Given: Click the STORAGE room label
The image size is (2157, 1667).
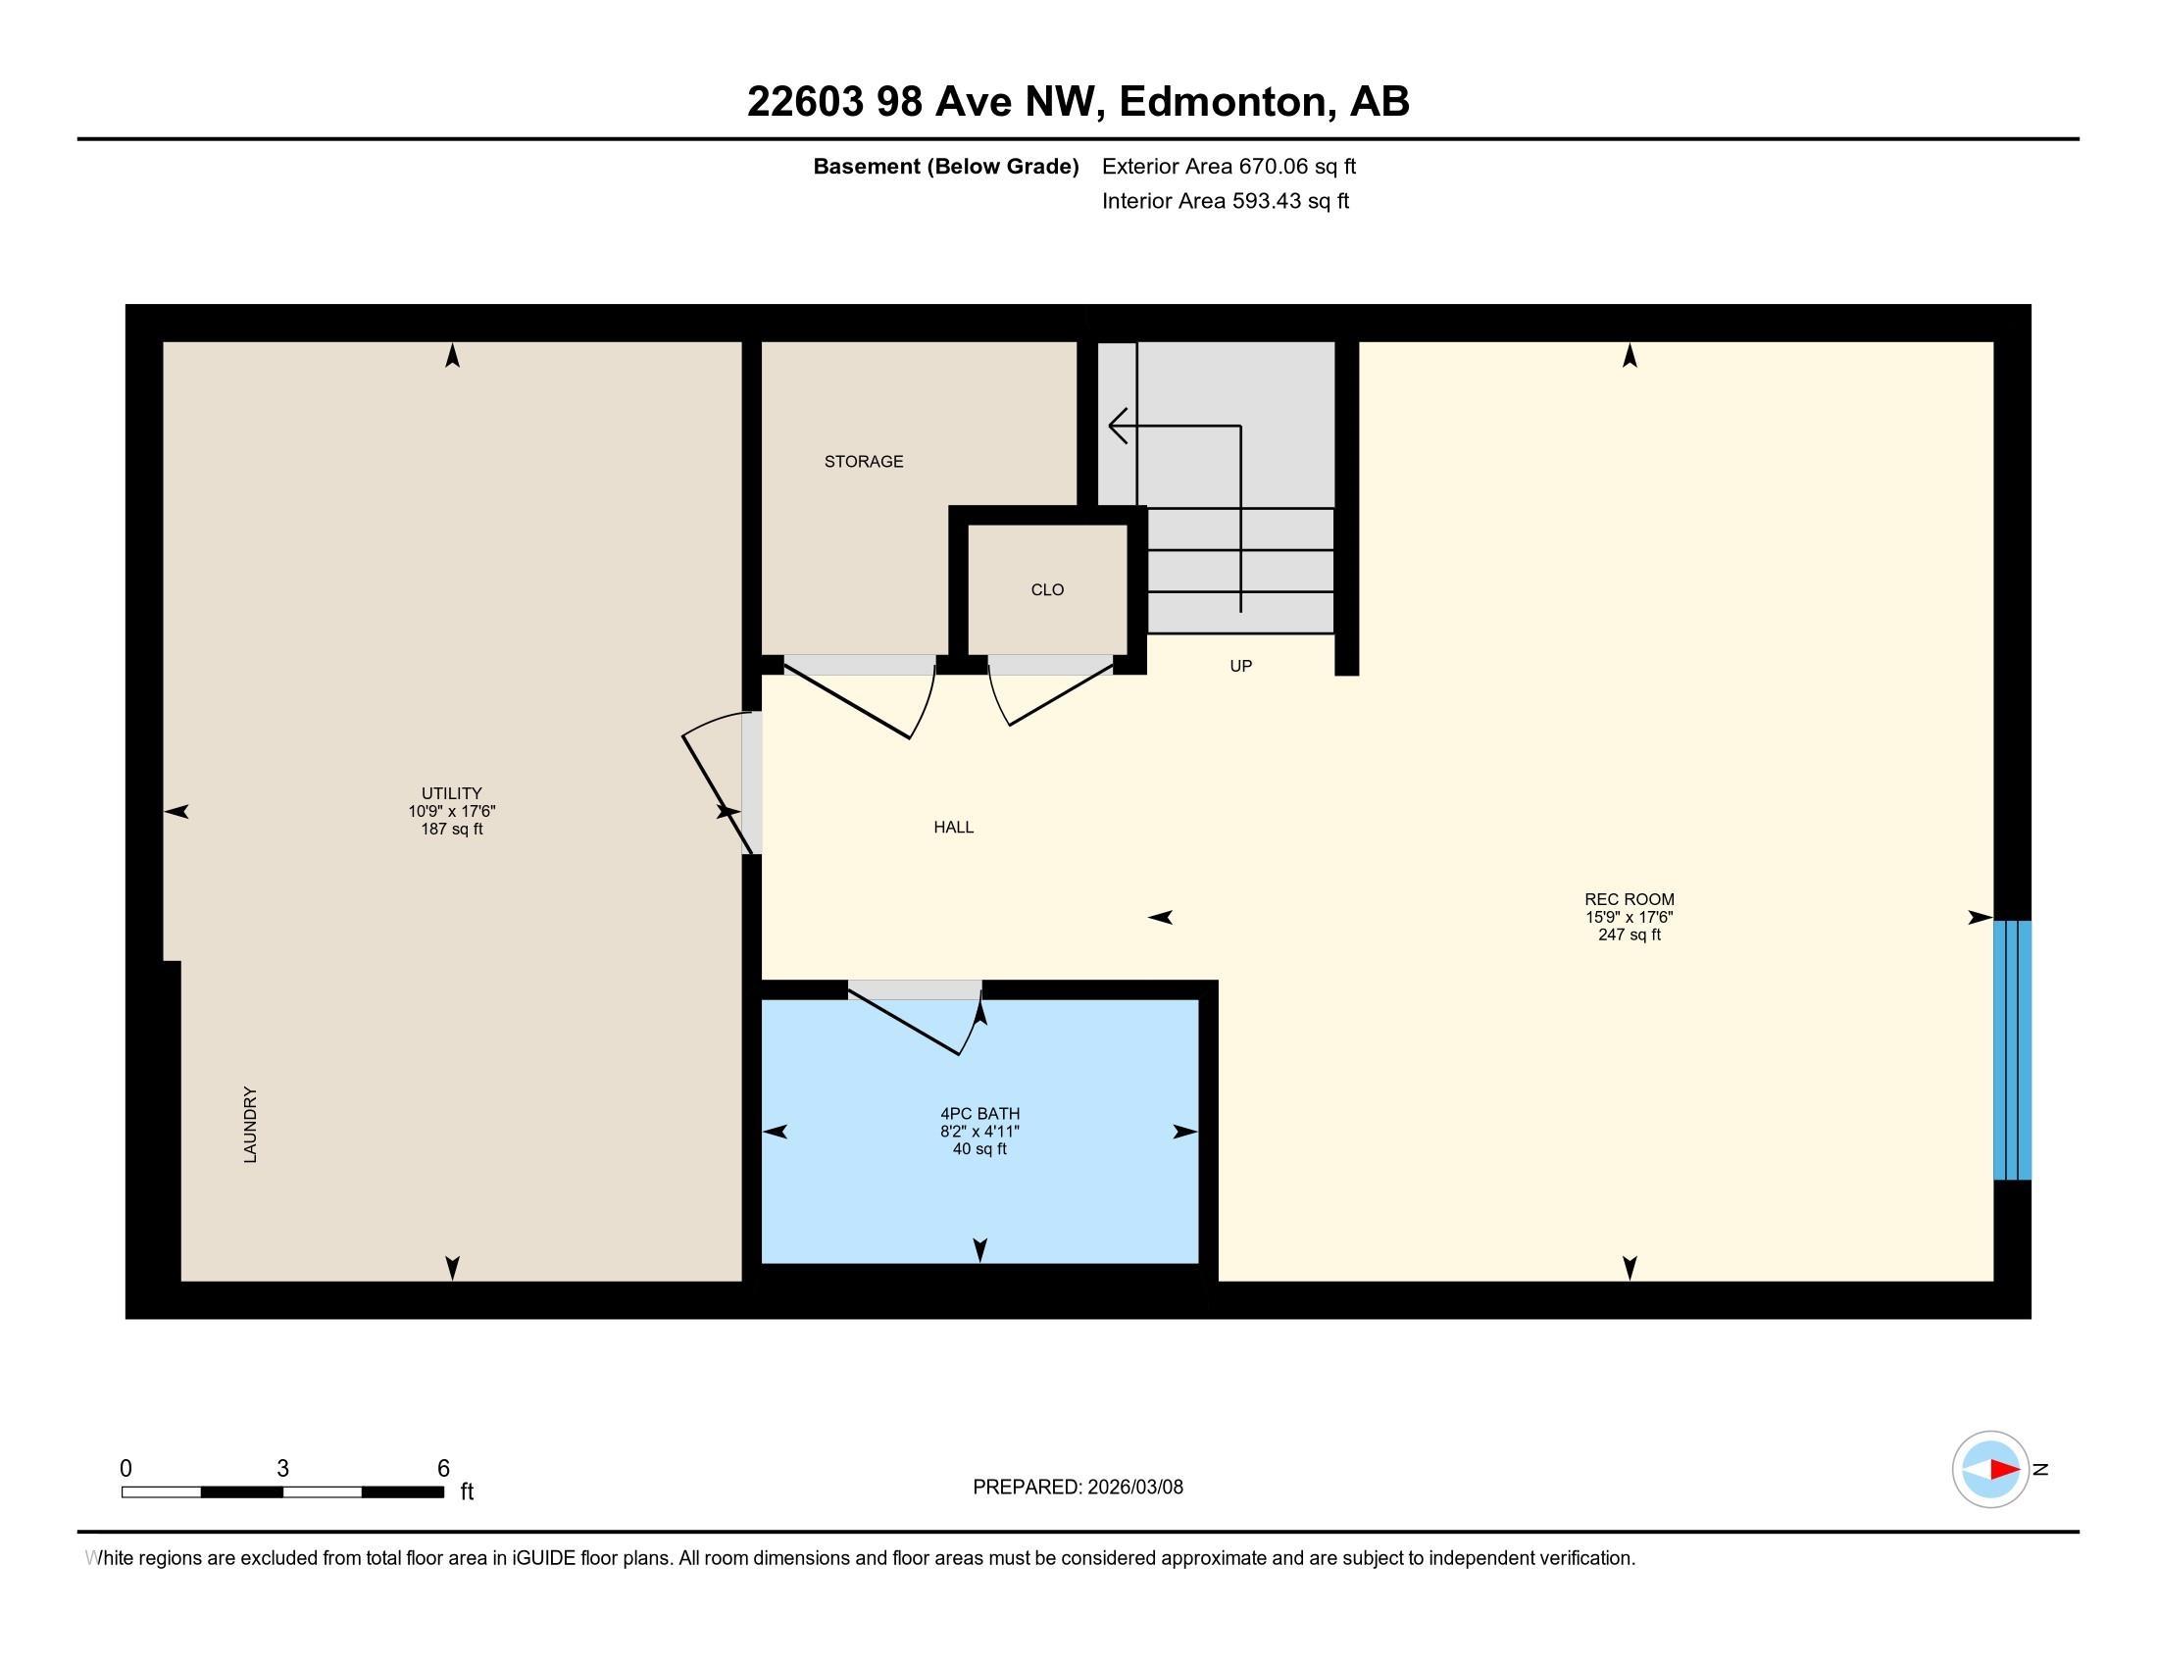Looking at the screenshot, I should tap(863, 461).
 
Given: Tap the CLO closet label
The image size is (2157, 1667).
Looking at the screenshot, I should tap(1047, 589).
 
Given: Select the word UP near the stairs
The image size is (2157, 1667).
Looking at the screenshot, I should tap(1240, 666).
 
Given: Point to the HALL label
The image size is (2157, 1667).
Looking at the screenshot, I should tap(953, 827).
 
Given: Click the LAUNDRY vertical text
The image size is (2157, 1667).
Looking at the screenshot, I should tap(250, 1124).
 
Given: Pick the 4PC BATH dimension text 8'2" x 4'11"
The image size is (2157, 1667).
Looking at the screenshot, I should tap(978, 1132).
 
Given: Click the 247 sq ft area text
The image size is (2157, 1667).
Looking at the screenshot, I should tap(1629, 935).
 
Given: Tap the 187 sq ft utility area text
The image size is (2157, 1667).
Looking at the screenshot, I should tap(451, 829).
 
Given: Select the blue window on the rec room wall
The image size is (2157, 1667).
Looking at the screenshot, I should tap(2012, 1050).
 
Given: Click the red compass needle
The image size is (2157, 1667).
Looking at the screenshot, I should tap(2004, 1470).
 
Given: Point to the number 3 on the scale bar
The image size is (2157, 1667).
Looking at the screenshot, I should tap(282, 1469).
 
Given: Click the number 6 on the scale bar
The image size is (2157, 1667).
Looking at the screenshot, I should tap(443, 1469).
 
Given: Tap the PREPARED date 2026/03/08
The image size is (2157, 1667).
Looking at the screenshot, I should tap(1133, 1488).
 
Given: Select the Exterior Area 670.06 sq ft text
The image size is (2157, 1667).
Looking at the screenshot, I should tap(1228, 166).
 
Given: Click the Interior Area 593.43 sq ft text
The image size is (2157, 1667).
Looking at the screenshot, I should tap(1225, 200).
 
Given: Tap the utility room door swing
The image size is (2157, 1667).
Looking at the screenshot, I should tap(713, 785).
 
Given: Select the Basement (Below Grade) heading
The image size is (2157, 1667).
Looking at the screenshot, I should tap(945, 166).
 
